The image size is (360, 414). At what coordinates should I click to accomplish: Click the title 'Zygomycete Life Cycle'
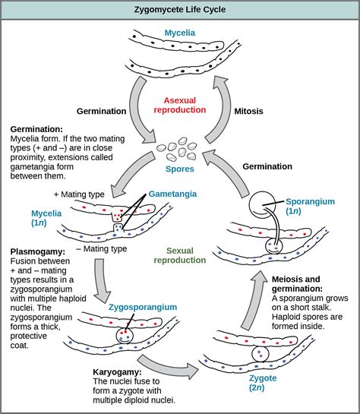pos(180,10)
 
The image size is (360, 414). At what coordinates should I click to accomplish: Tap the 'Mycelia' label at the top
pos(180,33)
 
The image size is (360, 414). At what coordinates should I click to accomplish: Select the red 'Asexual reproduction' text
pos(180,105)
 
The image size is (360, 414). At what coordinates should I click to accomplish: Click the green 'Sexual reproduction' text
pos(180,255)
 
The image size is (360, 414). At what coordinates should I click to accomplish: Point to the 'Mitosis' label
pos(248,111)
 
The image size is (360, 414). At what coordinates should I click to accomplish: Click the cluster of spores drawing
pos(177,150)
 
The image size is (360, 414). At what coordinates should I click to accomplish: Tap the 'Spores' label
pos(180,169)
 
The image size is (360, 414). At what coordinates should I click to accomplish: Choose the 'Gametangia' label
pos(172,194)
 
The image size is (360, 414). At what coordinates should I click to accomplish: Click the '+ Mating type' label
pos(79,194)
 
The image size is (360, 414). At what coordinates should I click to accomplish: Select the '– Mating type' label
pos(102,248)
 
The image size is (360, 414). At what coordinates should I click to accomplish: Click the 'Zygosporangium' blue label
pos(143,307)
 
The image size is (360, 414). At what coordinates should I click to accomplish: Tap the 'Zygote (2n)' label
pos(263,383)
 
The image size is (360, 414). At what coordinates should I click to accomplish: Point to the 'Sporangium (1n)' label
pos(310,206)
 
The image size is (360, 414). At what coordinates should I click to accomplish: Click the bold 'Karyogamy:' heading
pos(117,372)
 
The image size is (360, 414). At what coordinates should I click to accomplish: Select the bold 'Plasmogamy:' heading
pos(38,251)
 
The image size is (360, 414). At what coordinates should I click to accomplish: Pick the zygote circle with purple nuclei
pos(261,354)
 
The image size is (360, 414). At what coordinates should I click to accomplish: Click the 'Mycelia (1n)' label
pos(46,218)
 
